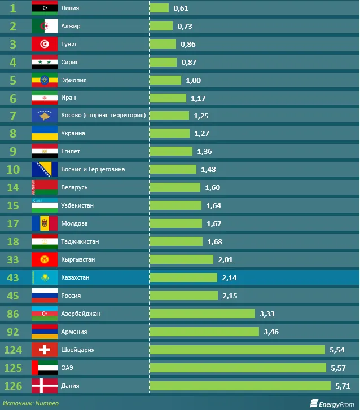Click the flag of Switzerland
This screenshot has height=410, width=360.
[x=45, y=350]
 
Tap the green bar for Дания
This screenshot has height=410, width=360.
[x=240, y=386]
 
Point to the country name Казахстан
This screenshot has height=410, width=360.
[x=75, y=278]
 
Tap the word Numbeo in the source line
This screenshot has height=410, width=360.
[x=47, y=403]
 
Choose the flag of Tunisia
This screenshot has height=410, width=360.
[x=45, y=44]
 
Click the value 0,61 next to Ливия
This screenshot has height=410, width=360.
[x=181, y=8]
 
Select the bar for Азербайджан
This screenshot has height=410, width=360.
[x=202, y=314]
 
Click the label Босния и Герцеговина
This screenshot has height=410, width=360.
[x=93, y=169]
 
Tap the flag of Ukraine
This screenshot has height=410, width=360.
[x=45, y=134]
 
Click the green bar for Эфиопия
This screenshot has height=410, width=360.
[x=165, y=80]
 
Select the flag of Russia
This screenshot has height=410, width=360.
[x=45, y=296]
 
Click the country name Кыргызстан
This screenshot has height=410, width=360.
[x=78, y=259]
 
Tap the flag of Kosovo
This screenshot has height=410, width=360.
[x=45, y=116]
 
